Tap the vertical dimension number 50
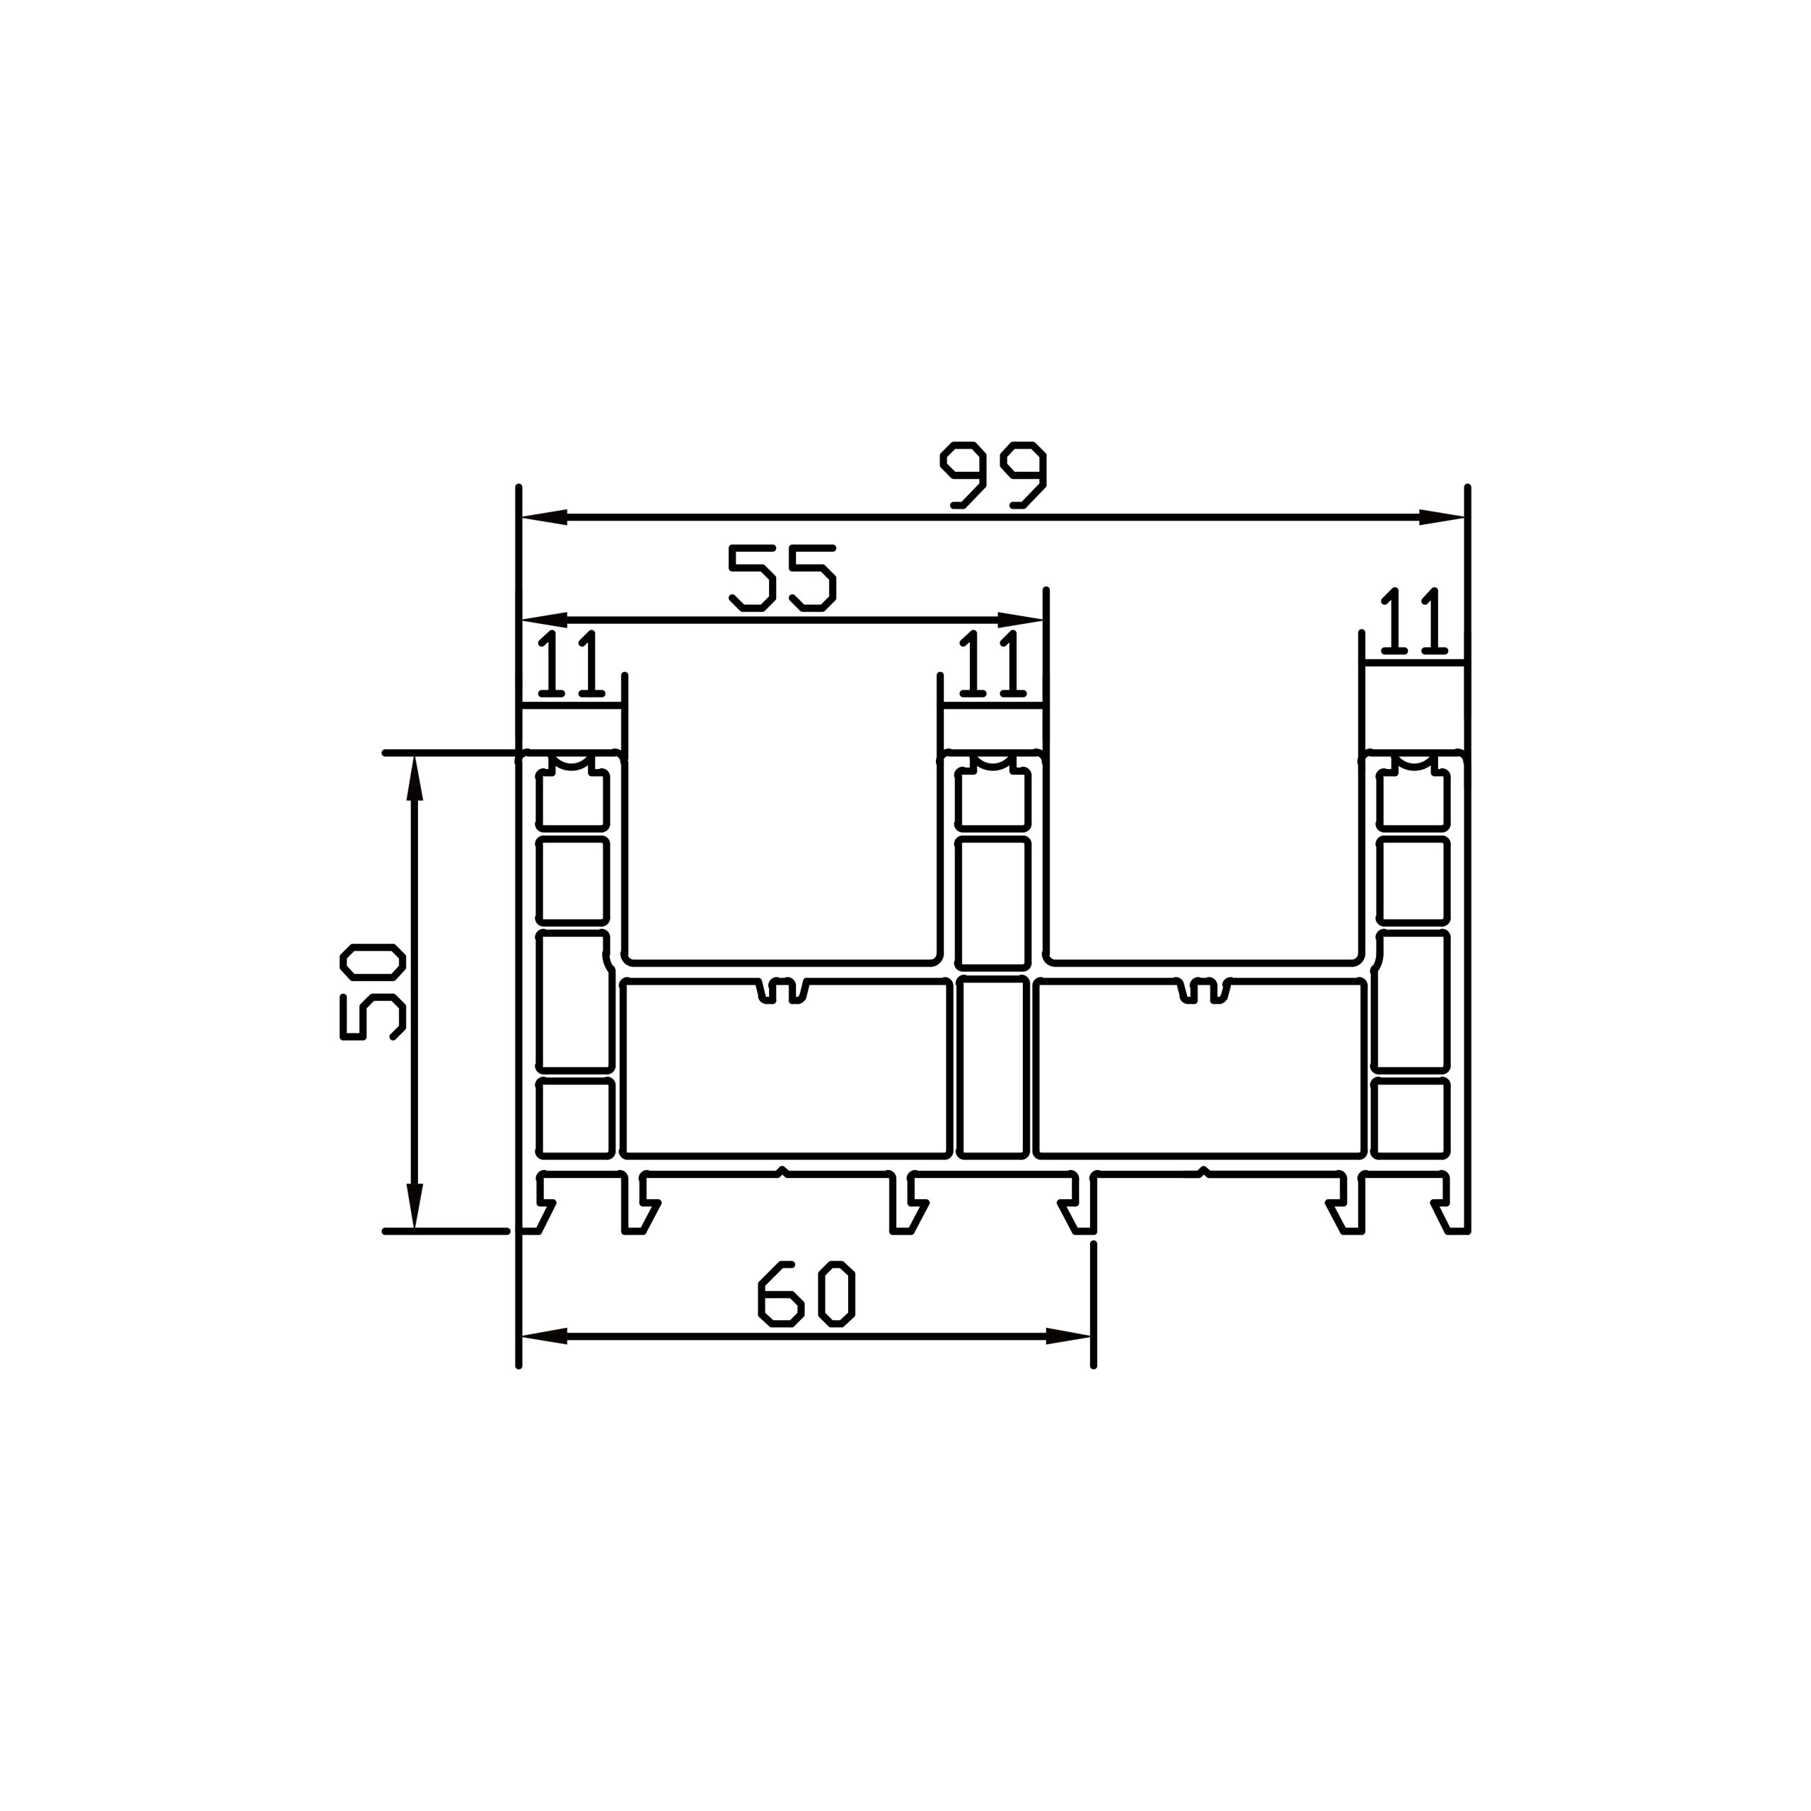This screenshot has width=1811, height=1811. (x=372, y=992)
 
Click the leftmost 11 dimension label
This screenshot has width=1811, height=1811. (x=571, y=664)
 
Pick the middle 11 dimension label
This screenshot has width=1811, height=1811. (x=991, y=664)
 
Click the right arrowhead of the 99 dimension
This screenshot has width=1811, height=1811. (x=1444, y=517)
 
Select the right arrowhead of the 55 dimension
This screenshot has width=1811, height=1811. (x=1021, y=620)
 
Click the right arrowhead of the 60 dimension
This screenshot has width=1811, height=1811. (x=1069, y=1336)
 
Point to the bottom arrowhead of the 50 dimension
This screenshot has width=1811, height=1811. (x=415, y=1205)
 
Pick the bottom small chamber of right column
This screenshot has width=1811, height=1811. (x=1411, y=1117)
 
